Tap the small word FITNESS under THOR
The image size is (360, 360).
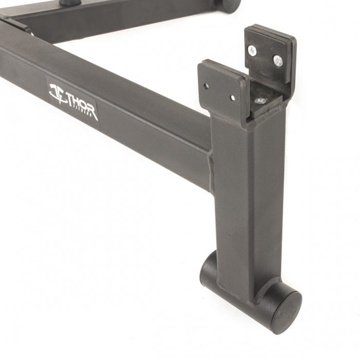click(x=84, y=110)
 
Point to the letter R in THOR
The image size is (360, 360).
click(x=93, y=112)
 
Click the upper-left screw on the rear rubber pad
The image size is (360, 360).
click(x=253, y=51)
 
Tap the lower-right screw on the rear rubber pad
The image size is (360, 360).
click(x=278, y=61)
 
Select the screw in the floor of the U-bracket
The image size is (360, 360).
click(x=260, y=101)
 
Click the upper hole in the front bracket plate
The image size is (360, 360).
click(x=206, y=86)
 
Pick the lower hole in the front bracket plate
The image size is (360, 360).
click(x=232, y=98)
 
